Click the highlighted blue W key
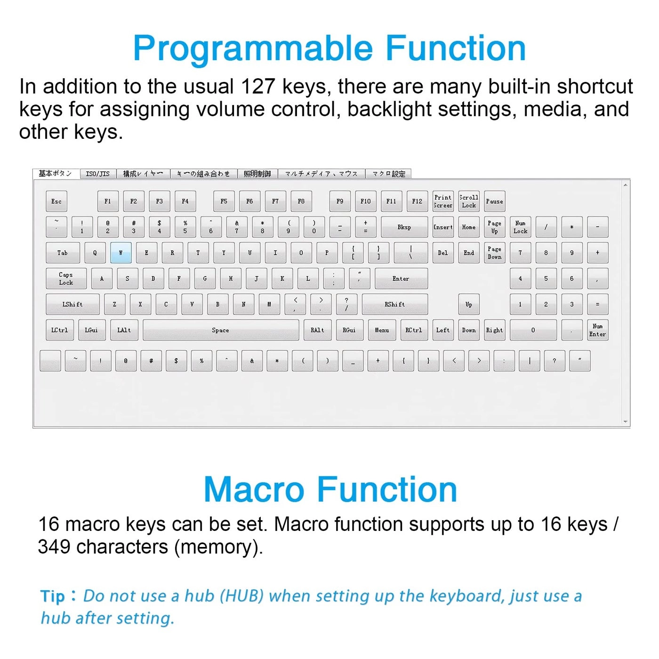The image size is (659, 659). (121, 253)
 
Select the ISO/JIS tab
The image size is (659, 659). (98, 174)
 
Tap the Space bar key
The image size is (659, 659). (221, 330)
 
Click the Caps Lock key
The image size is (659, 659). (66, 279)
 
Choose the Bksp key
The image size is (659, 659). (404, 227)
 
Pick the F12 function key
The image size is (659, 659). (417, 201)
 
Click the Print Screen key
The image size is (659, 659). (443, 201)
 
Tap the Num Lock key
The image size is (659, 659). (520, 227)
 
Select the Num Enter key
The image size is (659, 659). (597, 330)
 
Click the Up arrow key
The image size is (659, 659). (469, 305)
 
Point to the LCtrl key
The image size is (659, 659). (60, 330)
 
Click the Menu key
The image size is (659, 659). (382, 330)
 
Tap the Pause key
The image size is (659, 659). (494, 201)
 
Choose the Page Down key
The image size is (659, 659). (494, 253)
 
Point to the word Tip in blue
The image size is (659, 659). (52, 596)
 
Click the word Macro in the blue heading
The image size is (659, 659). (254, 490)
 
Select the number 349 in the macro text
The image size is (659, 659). (54, 547)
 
